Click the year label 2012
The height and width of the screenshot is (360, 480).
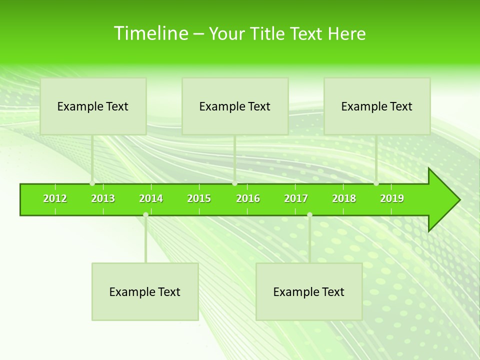point(55,198)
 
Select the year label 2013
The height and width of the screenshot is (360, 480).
point(103,198)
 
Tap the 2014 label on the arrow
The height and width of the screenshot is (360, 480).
point(151,198)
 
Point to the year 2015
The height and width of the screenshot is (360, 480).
point(199,198)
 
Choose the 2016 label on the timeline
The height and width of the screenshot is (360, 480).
point(248,198)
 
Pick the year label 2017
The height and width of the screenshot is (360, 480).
point(296,198)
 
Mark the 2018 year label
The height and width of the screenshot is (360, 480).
point(344,198)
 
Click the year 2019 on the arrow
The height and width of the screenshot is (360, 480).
point(392,198)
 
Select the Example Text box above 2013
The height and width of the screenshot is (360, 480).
point(93,106)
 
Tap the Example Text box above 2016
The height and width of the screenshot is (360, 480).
point(235,106)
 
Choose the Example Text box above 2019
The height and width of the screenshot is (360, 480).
point(377,106)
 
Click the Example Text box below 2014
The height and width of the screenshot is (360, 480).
point(145,291)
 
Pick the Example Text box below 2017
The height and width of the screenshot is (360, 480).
point(309,291)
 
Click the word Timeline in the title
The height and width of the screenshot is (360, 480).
point(150,33)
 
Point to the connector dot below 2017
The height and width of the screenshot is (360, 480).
point(309,215)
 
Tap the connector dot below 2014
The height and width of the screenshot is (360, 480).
point(145,215)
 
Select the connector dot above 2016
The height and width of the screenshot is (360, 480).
point(234,183)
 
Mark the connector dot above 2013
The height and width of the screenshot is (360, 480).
point(92,183)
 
